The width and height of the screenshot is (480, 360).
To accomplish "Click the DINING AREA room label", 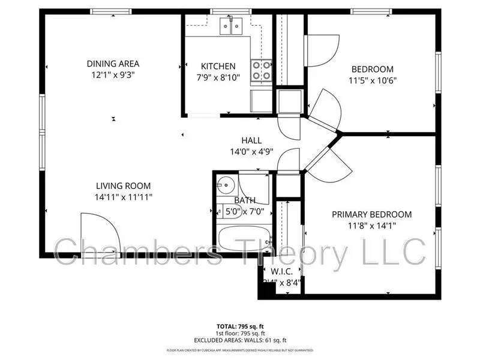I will (113, 64).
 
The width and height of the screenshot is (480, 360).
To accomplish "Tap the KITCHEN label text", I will (218, 66).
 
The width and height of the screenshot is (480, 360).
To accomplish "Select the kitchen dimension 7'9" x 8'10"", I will (218, 77).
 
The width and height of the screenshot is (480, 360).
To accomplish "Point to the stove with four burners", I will (261, 70).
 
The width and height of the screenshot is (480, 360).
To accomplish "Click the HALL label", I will (251, 140).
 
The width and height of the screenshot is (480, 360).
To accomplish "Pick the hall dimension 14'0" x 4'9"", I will (251, 152).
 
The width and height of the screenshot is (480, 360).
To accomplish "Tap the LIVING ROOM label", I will (124, 186).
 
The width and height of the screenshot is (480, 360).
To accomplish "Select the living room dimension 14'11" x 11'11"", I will (124, 197).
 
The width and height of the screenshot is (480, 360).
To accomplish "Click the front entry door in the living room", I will (96, 234).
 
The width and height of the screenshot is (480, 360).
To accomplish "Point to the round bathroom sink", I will (226, 185).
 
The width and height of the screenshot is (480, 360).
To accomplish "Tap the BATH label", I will (245, 200).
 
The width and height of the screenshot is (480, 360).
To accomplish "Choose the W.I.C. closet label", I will (281, 270).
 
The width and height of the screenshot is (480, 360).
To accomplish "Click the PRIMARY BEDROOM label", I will (372, 214).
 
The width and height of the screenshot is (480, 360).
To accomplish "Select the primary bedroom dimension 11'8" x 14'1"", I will (372, 226).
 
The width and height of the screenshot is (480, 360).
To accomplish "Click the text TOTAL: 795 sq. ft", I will (239, 327).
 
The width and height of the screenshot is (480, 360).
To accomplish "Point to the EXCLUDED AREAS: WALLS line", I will (239, 340).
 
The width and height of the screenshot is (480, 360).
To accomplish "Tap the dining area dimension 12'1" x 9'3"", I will (113, 75).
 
